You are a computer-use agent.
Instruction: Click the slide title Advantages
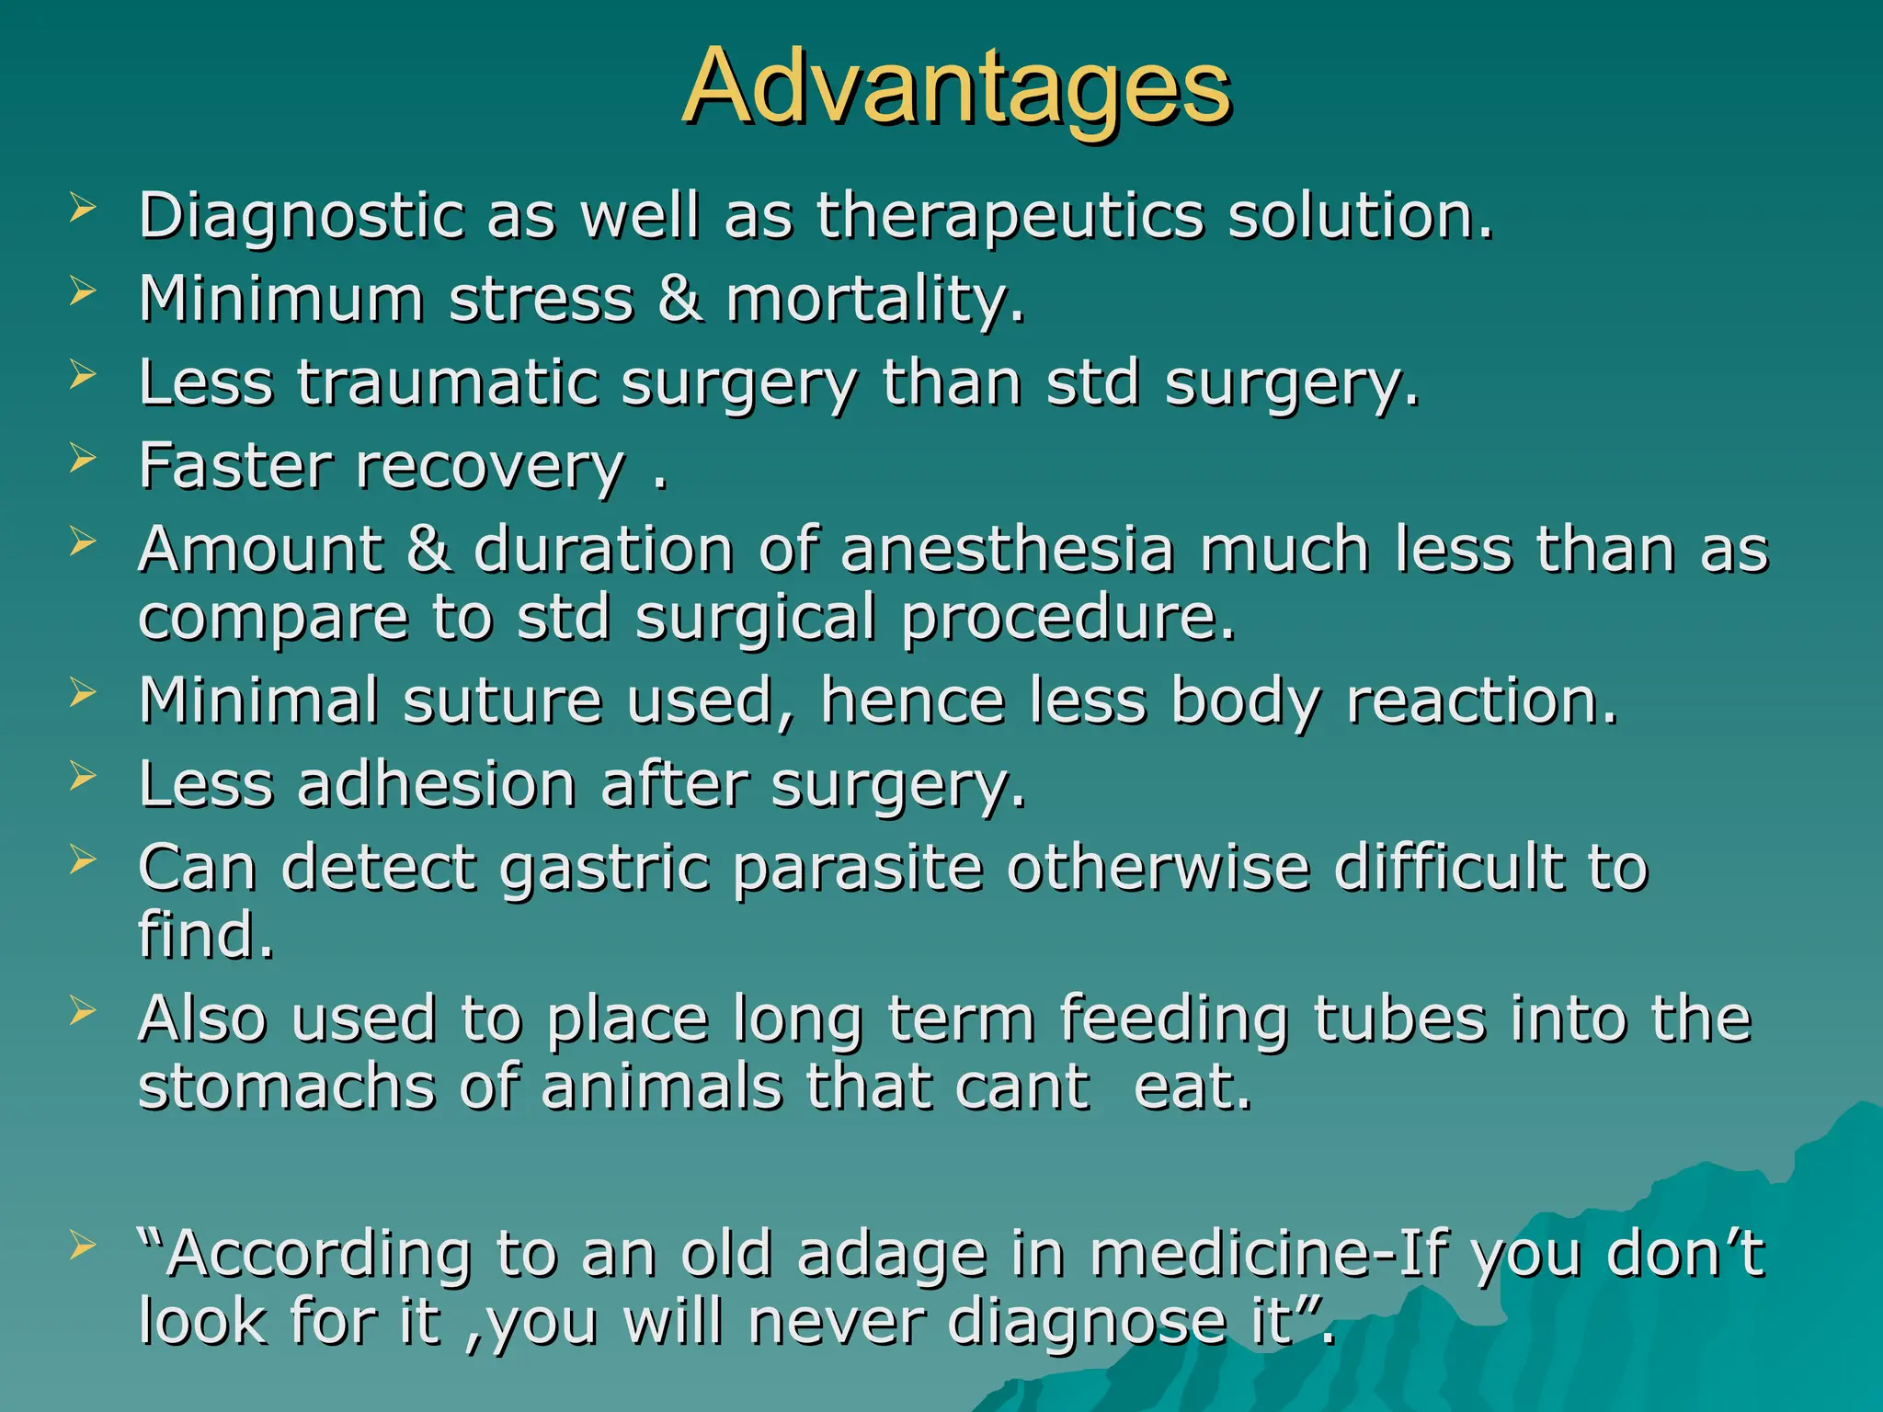pyautogui.click(x=956, y=88)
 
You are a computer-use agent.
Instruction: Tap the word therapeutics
pyautogui.click(x=1010, y=217)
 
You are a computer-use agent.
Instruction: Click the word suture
pyautogui.click(x=502, y=701)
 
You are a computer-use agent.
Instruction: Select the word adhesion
pyautogui.click(x=436, y=785)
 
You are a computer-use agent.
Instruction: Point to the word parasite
pyautogui.click(x=857, y=868)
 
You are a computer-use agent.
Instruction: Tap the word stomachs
pyautogui.click(x=286, y=1087)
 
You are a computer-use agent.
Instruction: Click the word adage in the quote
pyautogui.click(x=891, y=1254)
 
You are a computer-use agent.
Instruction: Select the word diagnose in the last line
pyautogui.click(x=1087, y=1322)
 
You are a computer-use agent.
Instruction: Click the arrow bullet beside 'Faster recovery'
pyautogui.click(x=82, y=457)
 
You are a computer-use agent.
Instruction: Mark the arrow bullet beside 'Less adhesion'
pyautogui.click(x=82, y=776)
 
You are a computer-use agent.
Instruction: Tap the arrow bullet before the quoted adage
pyautogui.click(x=82, y=1246)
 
